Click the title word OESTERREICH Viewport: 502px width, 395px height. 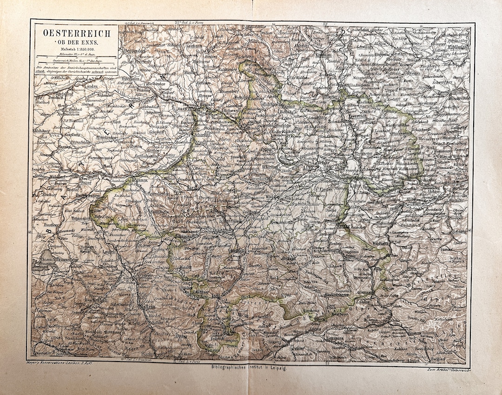pos(77,33)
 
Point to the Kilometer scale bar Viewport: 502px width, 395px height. pos(76,56)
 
